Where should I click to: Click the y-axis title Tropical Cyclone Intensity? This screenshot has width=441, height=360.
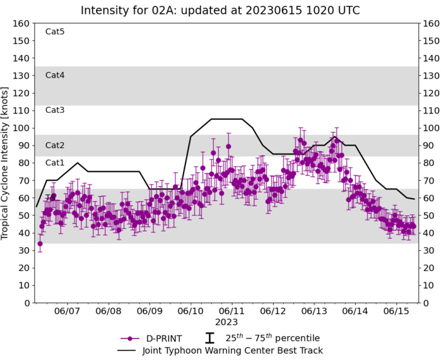pos(6,163)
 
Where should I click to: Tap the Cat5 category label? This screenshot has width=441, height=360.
pos(55,32)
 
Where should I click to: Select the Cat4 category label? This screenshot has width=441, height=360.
pos(55,75)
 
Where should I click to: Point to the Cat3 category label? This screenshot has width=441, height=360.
pos(55,110)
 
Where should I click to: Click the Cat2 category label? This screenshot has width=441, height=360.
pos(55,145)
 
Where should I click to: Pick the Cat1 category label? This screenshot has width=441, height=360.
pos(55,163)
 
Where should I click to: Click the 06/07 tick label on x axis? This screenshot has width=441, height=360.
pos(68,311)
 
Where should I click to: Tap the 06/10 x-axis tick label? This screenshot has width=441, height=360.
pos(191,311)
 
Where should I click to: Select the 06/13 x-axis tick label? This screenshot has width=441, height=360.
pos(314,311)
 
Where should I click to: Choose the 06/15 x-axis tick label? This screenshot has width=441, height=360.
pos(396,311)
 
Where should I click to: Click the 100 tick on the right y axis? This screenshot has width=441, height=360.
pos(431,128)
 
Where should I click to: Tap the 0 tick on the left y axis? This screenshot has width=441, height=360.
pos(27,303)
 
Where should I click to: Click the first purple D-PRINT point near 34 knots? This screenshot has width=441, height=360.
pos(40,243)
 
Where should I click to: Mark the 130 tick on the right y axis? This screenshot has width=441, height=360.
pos(431,76)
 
